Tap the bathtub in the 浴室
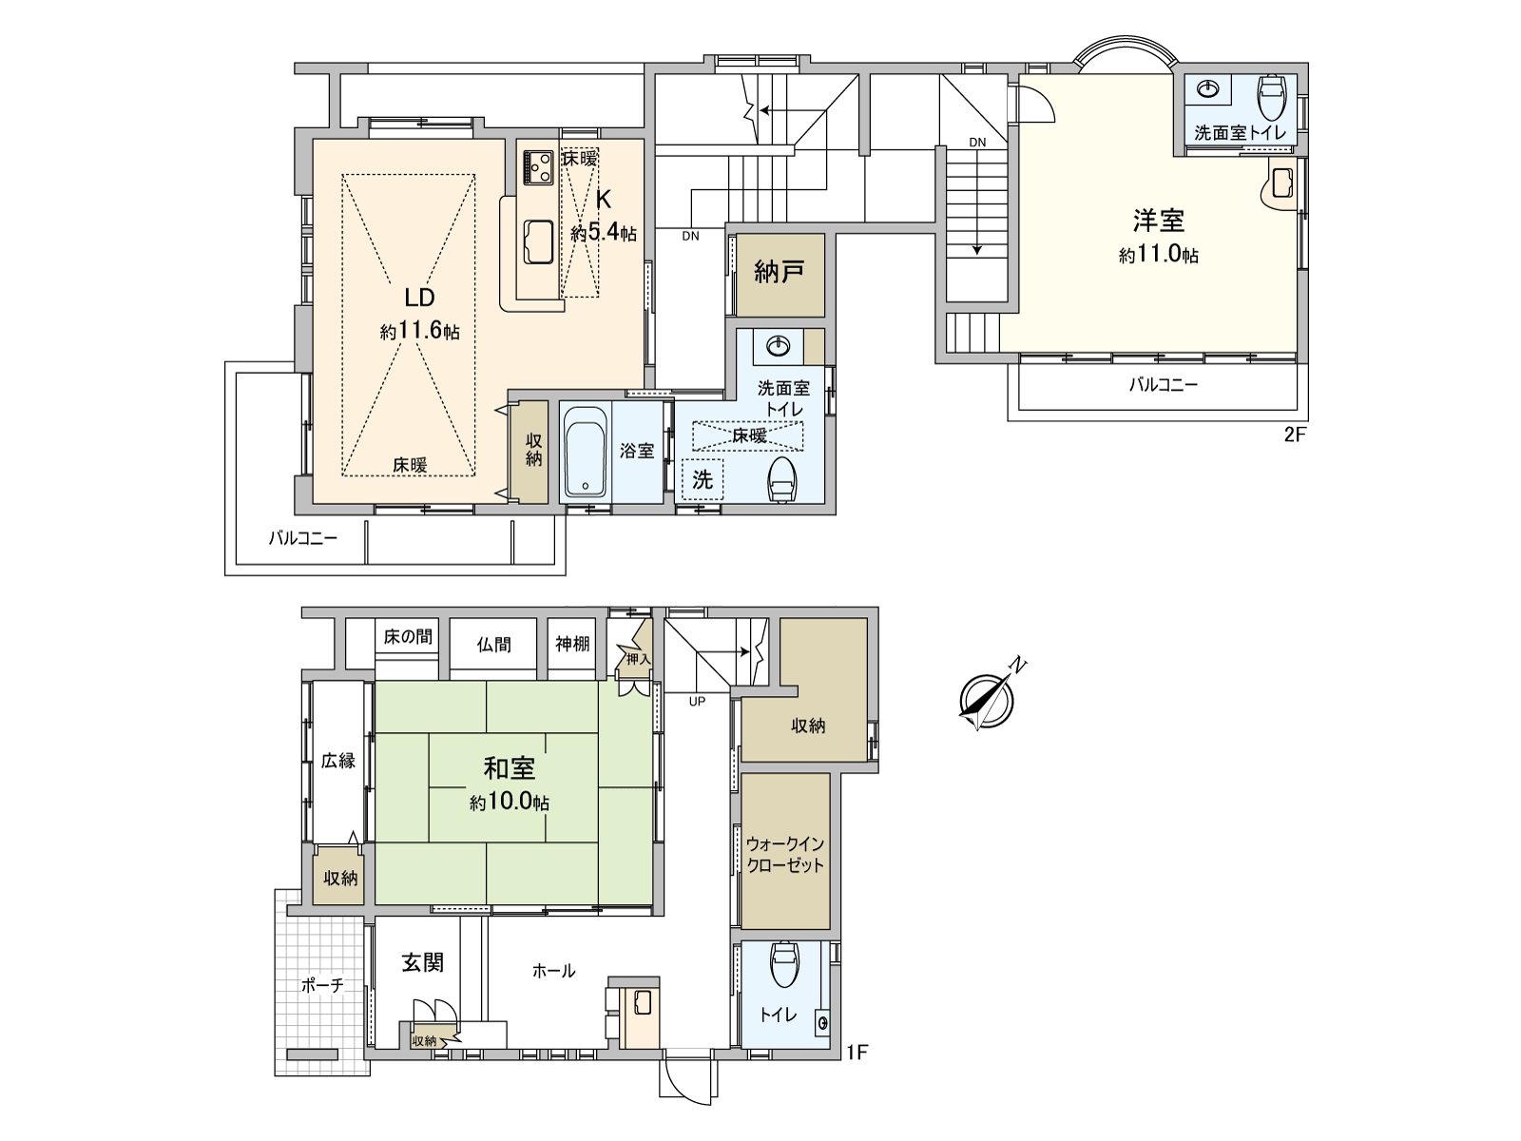point(586,452)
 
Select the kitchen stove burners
point(538,167)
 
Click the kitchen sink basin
point(538,242)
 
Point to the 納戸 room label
point(779,272)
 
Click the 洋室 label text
point(1159,221)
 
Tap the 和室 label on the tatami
point(510,768)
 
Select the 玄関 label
point(422,962)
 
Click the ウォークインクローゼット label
point(785,855)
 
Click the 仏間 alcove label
point(493,645)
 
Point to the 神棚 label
point(572,645)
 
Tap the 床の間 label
point(408,637)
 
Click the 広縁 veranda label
point(338,761)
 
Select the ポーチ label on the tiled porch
point(323,985)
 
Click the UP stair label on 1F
point(697,702)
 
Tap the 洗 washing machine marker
point(703,479)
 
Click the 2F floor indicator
point(1295,435)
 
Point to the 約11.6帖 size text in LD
point(420,331)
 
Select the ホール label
point(553,971)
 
